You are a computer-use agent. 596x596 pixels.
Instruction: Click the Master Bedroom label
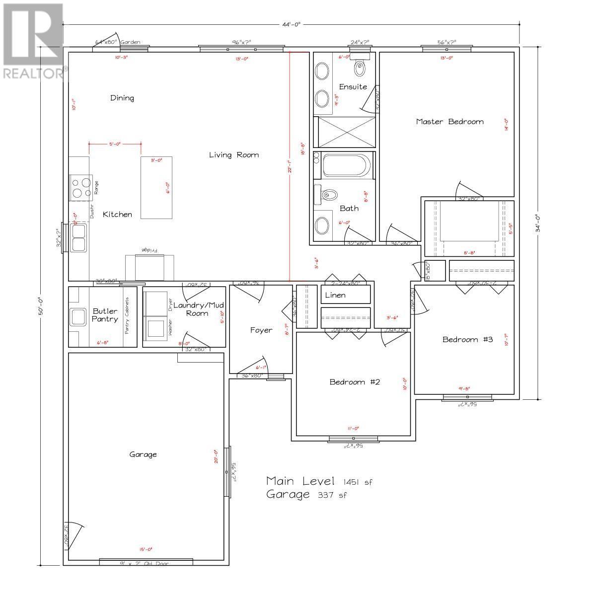tap(449, 122)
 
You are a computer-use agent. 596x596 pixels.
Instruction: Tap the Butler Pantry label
tap(105, 315)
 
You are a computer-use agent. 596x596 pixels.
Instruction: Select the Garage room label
tap(143, 454)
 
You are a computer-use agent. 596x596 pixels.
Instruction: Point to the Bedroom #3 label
tap(467, 340)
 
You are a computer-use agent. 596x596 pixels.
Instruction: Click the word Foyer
tap(261, 330)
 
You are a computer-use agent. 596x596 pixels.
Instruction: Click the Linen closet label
tap(335, 295)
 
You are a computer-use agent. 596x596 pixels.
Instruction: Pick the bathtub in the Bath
tap(346, 165)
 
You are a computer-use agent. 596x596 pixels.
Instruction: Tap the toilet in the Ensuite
tap(360, 65)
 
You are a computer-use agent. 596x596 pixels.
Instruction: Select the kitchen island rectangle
tap(157, 188)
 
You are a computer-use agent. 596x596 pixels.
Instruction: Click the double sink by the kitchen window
tap(78, 237)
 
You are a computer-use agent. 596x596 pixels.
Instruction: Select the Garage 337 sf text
tap(306, 495)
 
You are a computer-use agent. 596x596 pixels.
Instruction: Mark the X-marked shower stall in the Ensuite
tap(346, 132)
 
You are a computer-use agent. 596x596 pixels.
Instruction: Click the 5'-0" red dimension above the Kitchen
tap(115, 145)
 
